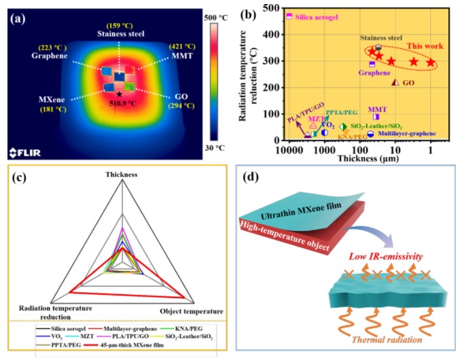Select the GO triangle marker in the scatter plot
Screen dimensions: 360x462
pyautogui.click(x=396, y=82)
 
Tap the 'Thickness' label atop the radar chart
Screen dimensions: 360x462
pyautogui.click(x=121, y=174)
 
